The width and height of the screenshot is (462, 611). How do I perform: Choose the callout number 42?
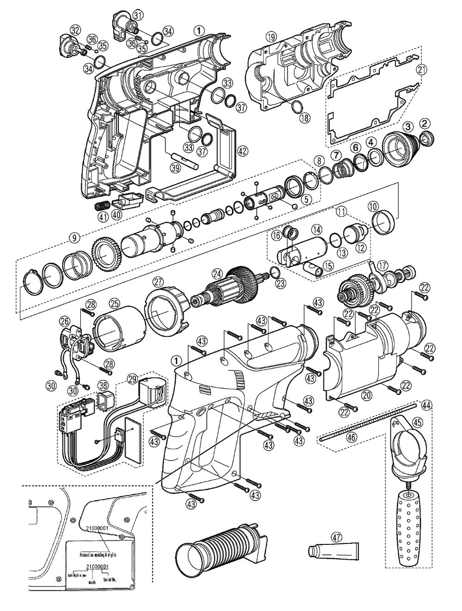(x=243, y=150)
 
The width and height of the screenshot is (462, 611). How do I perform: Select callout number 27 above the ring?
(x=158, y=281)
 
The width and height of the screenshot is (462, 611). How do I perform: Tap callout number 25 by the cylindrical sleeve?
(x=113, y=303)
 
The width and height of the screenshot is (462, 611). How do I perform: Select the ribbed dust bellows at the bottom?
(x=219, y=551)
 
